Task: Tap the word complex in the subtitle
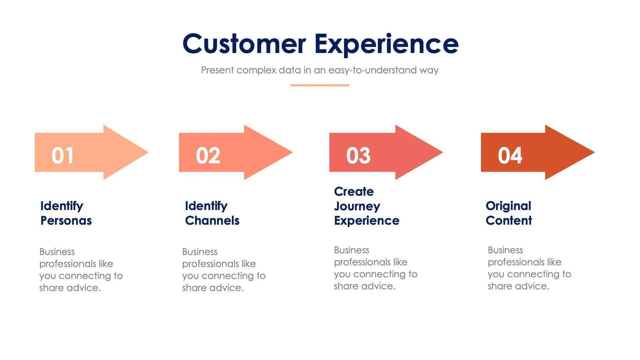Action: pyautogui.click(x=256, y=70)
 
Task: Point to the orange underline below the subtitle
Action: pyautogui.click(x=319, y=85)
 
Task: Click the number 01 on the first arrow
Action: pyautogui.click(x=63, y=155)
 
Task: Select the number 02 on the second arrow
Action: pyautogui.click(x=208, y=155)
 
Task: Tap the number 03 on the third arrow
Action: pyautogui.click(x=358, y=155)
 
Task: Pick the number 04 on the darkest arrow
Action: pyautogui.click(x=510, y=155)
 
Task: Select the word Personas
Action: pyautogui.click(x=66, y=221)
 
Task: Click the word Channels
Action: pyautogui.click(x=212, y=221)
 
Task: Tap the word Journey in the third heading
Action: pyautogui.click(x=357, y=206)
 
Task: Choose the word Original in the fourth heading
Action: pyautogui.click(x=508, y=206)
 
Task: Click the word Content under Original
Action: pyautogui.click(x=509, y=221)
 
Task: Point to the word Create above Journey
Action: pyautogui.click(x=354, y=191)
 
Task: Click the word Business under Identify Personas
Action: pyautogui.click(x=57, y=252)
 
